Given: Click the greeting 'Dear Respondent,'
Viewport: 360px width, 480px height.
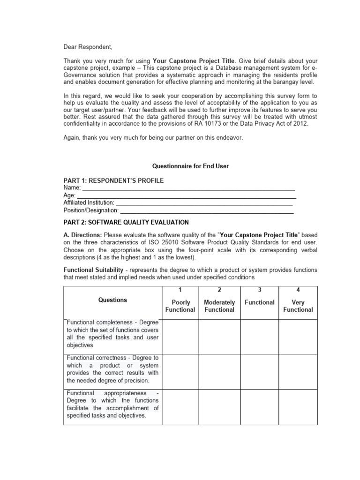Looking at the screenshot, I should (x=88, y=47).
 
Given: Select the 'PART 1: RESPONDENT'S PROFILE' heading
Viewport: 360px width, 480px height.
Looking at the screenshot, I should (x=113, y=181).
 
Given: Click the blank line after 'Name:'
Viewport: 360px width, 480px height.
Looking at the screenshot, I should (x=188, y=188).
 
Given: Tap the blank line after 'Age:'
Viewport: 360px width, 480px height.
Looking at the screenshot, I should (x=189, y=196).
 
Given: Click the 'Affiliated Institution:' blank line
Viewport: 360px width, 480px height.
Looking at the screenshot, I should (x=204, y=203).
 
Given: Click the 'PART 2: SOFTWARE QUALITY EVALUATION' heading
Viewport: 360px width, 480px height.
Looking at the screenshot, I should (x=126, y=222).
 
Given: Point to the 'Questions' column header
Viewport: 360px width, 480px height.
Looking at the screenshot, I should (x=112, y=300).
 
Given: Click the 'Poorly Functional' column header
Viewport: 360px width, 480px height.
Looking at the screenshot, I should (x=180, y=306).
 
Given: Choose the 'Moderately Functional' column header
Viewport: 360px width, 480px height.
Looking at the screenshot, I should (x=219, y=306).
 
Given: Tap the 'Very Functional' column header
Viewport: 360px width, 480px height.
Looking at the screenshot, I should (x=298, y=306).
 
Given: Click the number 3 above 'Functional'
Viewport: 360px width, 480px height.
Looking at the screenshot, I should (x=259, y=291).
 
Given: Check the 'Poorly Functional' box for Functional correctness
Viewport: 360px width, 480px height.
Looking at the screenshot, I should (x=180, y=371).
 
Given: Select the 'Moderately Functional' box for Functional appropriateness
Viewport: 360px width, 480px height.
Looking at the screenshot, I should (x=219, y=406).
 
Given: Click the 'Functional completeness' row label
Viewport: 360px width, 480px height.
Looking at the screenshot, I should (x=112, y=334).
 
